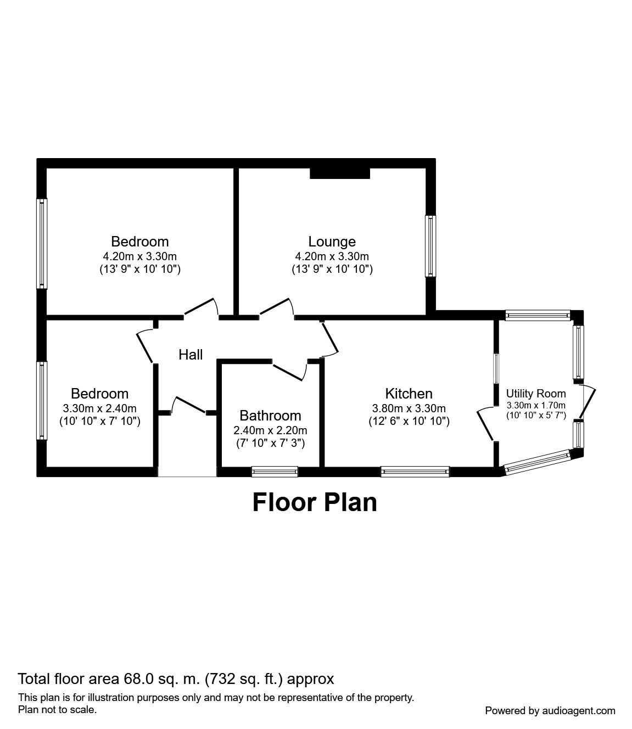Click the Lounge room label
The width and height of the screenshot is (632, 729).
click(332, 242)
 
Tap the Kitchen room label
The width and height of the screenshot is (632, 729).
click(409, 394)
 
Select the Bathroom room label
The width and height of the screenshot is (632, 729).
click(270, 416)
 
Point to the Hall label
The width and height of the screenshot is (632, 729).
click(191, 355)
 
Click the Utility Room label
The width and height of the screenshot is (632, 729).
click(535, 394)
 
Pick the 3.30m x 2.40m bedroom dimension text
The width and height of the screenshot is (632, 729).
click(99, 408)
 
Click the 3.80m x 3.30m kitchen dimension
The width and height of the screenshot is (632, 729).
click(409, 408)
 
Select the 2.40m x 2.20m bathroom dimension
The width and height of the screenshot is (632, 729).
click(270, 430)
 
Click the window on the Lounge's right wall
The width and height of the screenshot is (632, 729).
click(430, 246)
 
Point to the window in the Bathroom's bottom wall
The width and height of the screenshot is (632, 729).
click(275, 471)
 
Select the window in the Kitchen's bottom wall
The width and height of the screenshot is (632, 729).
click(415, 471)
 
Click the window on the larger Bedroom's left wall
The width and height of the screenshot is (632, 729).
click(42, 243)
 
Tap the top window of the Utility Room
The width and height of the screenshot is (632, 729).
click(537, 315)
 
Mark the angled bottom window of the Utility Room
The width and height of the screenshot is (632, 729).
click(537, 462)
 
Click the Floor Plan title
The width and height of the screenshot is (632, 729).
click(315, 502)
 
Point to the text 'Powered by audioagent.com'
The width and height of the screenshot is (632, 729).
click(550, 710)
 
